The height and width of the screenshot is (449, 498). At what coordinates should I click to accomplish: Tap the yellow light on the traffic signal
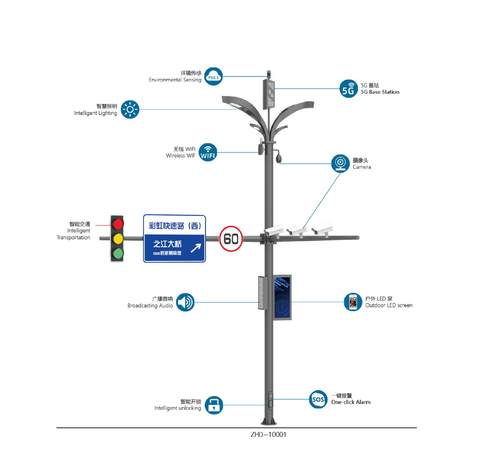[118, 239]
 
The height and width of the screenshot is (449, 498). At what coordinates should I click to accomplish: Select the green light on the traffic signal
[118, 253]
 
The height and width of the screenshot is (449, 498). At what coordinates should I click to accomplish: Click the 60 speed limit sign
[231, 239]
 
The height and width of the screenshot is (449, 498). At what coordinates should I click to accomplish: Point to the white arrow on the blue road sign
[196, 248]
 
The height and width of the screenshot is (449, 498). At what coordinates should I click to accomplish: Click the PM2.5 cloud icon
[213, 77]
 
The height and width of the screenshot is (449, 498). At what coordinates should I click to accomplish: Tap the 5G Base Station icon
[349, 89]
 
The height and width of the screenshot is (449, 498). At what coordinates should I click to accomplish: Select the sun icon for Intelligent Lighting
[130, 109]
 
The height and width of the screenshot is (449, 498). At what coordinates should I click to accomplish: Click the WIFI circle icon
[208, 152]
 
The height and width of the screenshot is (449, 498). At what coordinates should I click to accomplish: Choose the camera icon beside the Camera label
[340, 163]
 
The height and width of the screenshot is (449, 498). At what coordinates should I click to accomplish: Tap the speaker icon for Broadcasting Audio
[185, 302]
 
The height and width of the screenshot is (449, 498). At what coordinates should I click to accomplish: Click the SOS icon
[318, 399]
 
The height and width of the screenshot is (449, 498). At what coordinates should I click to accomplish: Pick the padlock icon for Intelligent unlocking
[214, 405]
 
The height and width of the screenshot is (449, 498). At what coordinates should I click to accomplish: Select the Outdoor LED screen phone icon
[353, 302]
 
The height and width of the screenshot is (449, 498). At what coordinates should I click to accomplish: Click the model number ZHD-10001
[268, 434]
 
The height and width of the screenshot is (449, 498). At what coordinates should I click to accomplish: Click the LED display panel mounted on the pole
[282, 298]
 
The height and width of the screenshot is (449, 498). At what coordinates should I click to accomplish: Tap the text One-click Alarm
[351, 402]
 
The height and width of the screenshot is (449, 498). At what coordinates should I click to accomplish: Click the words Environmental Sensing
[175, 80]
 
